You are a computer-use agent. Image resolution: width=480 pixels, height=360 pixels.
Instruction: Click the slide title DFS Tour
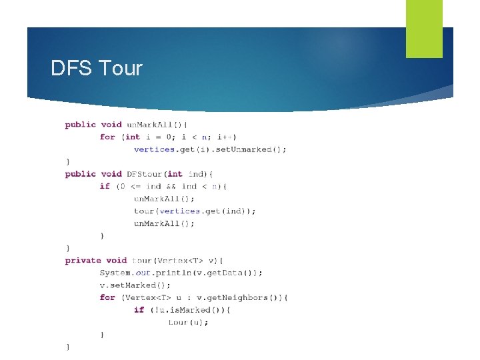pyautogui.click(x=97, y=68)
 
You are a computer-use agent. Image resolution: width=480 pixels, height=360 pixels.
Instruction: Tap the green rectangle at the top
pyautogui.click(x=424, y=29)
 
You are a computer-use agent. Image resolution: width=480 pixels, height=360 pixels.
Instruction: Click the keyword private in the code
pyautogui.click(x=83, y=261)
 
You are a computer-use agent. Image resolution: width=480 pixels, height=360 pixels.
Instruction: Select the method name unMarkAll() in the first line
pyautogui.click(x=157, y=125)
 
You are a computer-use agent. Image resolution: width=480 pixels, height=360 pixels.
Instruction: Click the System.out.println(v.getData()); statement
pyautogui.click(x=181, y=273)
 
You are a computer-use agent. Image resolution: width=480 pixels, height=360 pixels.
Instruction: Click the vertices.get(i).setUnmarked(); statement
pyautogui.click(x=210, y=149)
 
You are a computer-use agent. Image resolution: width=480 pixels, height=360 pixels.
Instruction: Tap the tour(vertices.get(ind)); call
pyautogui.click(x=195, y=211)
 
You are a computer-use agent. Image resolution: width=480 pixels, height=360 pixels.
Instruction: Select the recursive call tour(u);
pyautogui.click(x=188, y=323)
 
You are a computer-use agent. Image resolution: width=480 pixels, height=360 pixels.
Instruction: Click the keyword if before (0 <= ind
pyautogui.click(x=105, y=186)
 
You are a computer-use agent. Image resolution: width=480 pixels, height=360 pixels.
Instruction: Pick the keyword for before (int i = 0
pyautogui.click(x=107, y=137)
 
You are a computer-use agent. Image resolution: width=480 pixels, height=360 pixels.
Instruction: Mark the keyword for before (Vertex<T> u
pyautogui.click(x=107, y=297)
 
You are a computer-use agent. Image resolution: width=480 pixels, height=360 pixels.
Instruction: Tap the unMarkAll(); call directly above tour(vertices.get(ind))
pyautogui.click(x=164, y=199)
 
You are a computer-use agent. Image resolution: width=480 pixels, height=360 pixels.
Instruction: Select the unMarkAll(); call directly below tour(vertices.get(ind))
pyautogui.click(x=164, y=223)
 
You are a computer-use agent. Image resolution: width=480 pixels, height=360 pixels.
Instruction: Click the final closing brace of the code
pyautogui.click(x=67, y=347)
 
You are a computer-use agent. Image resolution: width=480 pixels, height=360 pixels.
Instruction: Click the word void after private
pyautogui.click(x=116, y=261)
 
